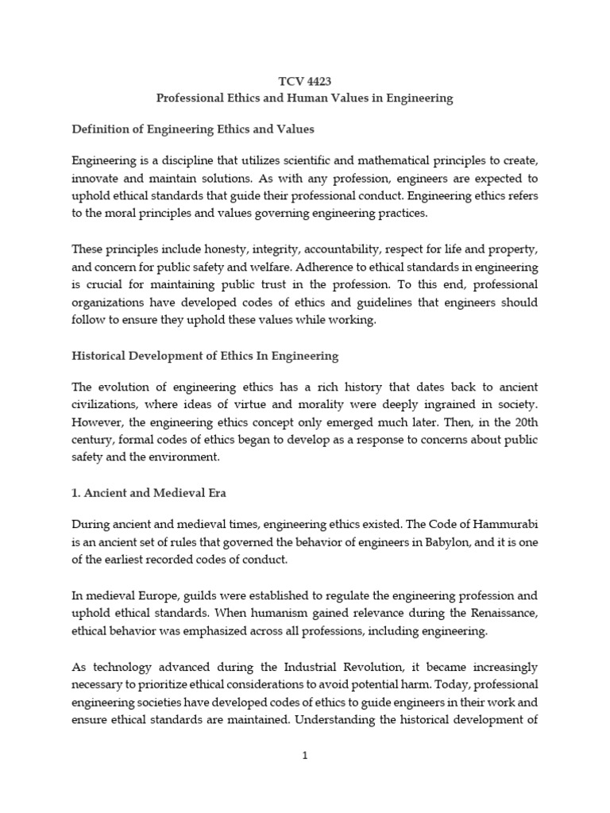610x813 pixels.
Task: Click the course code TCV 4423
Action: (304, 81)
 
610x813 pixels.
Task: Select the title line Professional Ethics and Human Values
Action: (304, 98)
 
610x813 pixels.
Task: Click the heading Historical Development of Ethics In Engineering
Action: (205, 356)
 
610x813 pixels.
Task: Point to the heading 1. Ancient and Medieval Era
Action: (149, 493)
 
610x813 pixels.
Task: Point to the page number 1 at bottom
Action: (304, 756)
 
